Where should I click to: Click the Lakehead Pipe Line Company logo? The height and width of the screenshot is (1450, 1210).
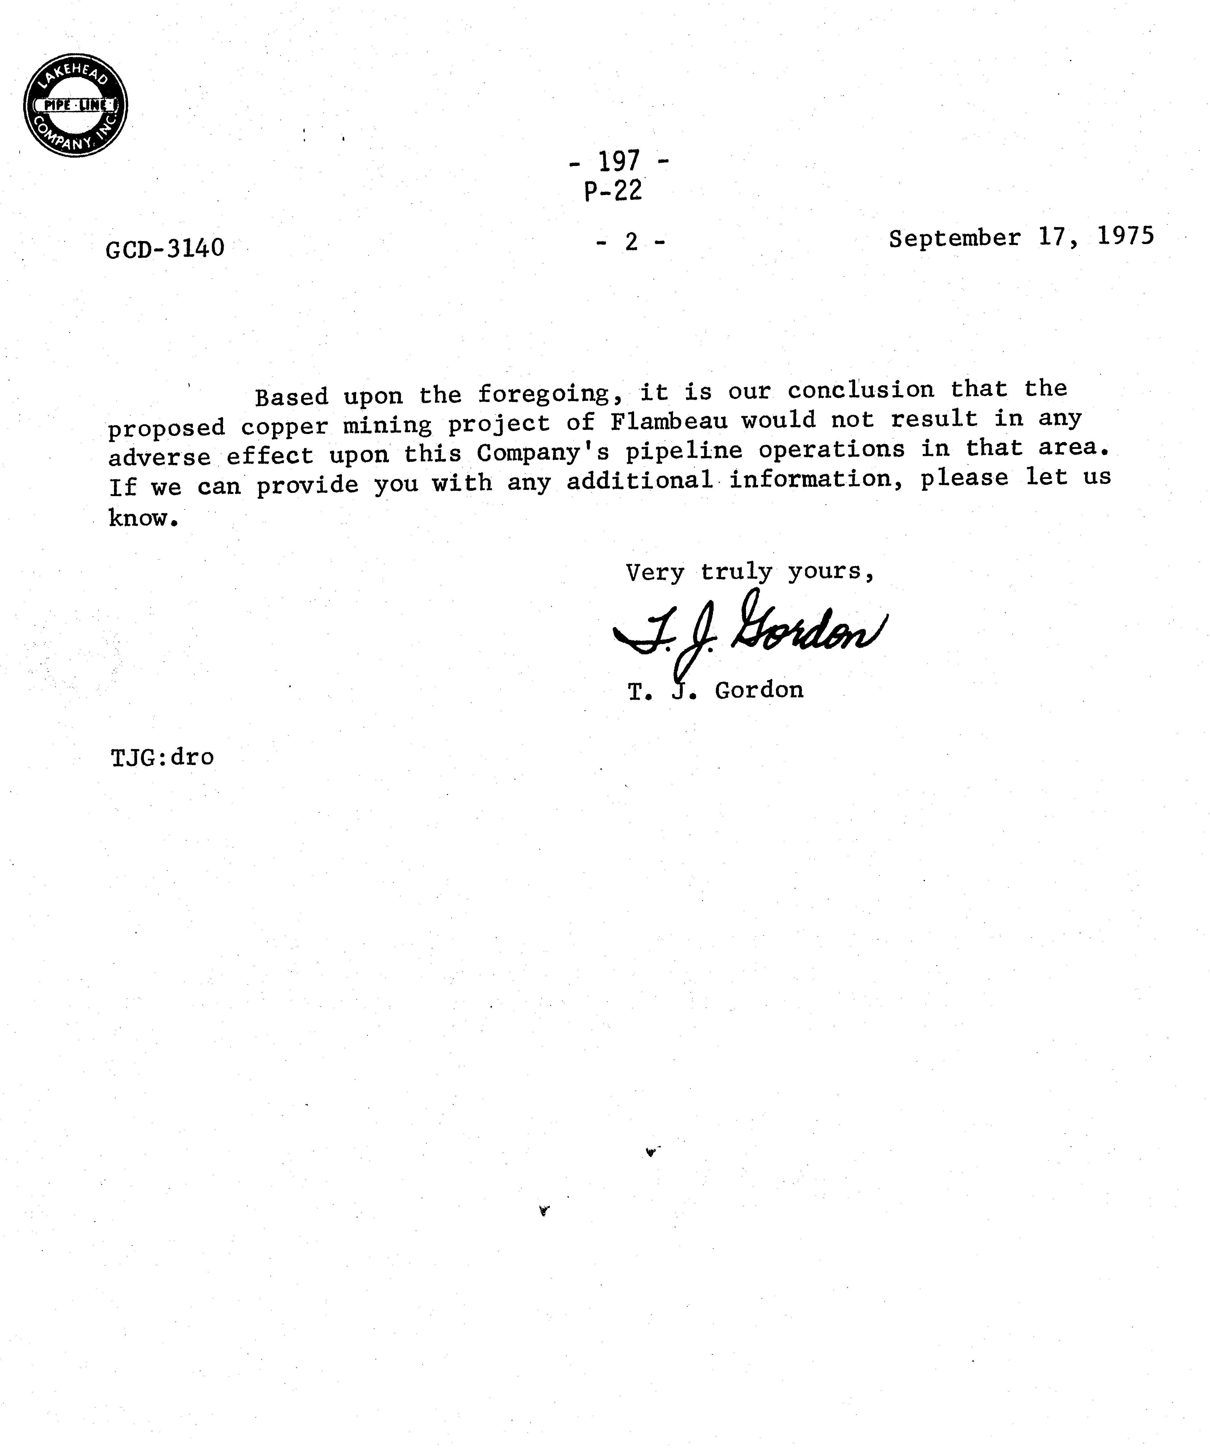tap(75, 105)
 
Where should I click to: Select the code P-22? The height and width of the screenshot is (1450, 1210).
tap(613, 191)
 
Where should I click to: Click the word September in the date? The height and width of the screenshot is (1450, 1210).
tap(954, 238)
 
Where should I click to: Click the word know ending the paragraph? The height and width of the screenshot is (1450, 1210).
tap(144, 518)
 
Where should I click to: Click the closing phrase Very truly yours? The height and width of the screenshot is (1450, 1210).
tap(749, 572)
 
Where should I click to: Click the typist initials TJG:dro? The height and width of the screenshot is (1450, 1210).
tap(162, 757)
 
